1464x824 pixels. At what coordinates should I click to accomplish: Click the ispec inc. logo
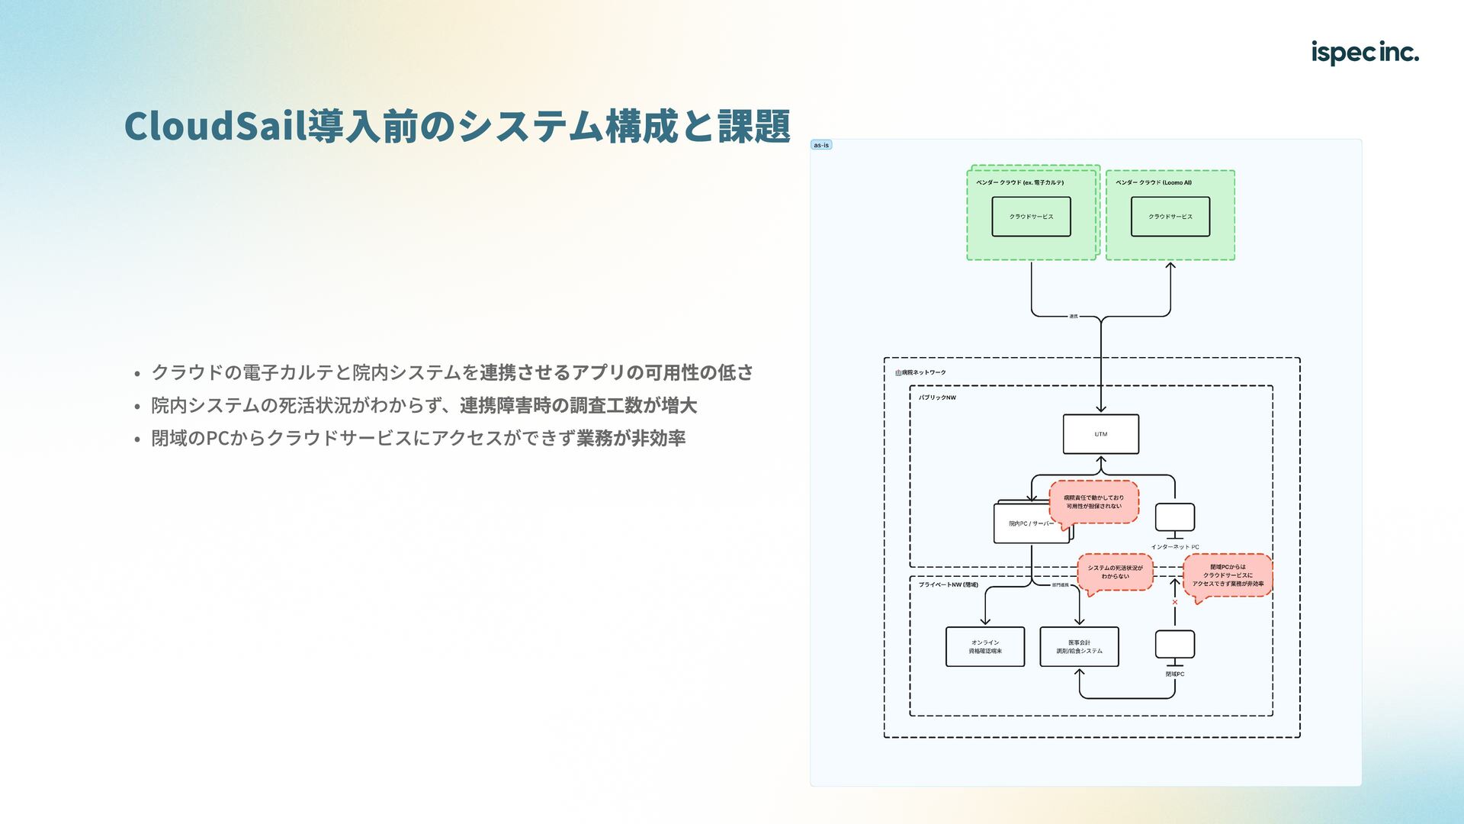point(1364,53)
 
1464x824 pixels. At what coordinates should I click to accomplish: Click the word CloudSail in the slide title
point(215,126)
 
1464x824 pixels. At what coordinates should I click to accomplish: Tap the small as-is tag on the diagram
point(821,145)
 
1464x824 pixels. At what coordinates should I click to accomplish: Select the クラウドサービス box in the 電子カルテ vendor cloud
point(1031,217)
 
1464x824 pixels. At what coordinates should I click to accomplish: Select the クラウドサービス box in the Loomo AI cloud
point(1170,217)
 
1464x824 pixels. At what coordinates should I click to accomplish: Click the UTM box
point(1100,434)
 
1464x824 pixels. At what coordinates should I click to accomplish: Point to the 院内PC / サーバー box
point(1029,523)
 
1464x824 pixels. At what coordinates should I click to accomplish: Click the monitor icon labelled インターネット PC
point(1174,519)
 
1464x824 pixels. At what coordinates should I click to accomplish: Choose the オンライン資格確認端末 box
point(984,647)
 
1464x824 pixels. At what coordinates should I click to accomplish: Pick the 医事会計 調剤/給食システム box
point(1079,647)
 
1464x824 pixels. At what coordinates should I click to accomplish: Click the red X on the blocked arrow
point(1174,602)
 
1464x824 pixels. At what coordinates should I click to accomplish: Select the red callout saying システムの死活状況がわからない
point(1115,572)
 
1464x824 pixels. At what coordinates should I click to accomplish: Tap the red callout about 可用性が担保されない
point(1093,502)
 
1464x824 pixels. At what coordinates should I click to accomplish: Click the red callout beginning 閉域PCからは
point(1228,575)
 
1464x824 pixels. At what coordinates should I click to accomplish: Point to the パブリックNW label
point(937,398)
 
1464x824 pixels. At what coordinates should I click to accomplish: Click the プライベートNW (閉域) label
point(948,584)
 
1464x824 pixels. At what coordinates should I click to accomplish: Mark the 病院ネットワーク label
point(921,372)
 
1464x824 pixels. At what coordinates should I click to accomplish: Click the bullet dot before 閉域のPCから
point(137,439)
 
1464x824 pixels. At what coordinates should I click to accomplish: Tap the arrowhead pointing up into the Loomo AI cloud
point(1170,266)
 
